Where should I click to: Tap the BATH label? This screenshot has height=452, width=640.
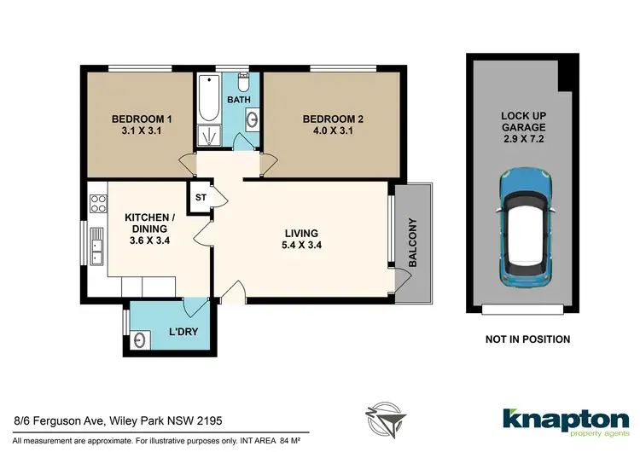(238, 100)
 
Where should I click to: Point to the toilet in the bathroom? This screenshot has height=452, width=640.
(243, 84)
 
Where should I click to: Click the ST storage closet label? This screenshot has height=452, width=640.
(201, 197)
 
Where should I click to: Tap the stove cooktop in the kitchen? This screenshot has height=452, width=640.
(98, 204)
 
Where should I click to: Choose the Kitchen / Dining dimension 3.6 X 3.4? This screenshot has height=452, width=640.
(150, 240)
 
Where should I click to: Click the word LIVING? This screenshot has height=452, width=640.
(301, 233)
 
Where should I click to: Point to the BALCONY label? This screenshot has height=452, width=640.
(412, 243)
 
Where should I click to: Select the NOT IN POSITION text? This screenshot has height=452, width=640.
(527, 339)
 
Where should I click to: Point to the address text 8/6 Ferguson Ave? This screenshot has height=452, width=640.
(58, 420)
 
